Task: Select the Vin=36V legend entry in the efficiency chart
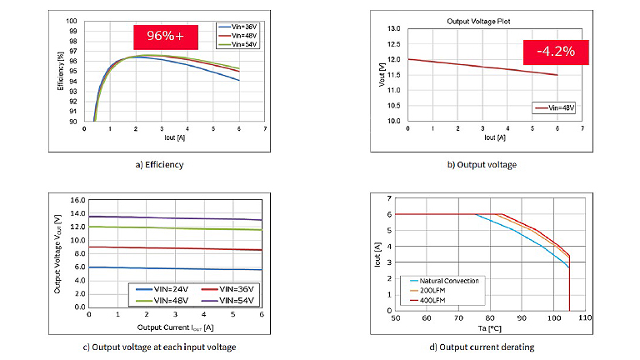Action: [236, 27]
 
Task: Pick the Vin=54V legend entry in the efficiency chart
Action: [236, 45]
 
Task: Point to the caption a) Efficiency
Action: [159, 165]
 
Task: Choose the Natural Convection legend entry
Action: [445, 281]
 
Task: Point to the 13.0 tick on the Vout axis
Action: [394, 28]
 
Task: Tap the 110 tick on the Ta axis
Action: [585, 318]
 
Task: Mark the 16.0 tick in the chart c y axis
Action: [76, 201]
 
